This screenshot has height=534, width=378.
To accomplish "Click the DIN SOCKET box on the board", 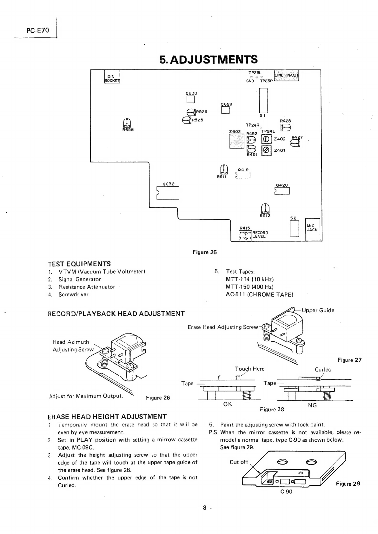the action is [x=112, y=76].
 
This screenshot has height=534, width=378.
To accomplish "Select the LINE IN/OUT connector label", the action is [x=286, y=75].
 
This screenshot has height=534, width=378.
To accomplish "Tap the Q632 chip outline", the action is [x=168, y=193].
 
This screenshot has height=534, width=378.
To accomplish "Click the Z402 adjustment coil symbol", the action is [x=266, y=139].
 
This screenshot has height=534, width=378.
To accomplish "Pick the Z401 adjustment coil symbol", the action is [x=266, y=150].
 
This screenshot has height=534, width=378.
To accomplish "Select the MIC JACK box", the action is [x=312, y=229].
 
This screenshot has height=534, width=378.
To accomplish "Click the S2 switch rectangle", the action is [x=295, y=228].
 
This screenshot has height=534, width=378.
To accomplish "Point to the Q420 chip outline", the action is [x=282, y=191].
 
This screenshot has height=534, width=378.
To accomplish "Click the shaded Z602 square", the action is [x=237, y=141].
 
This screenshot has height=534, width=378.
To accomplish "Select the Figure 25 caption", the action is [x=205, y=252].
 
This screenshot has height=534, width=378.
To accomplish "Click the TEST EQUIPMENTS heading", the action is [x=79, y=264].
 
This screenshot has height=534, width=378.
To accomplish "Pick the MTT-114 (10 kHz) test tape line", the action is [x=249, y=279].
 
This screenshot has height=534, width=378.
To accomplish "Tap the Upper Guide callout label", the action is [x=318, y=310].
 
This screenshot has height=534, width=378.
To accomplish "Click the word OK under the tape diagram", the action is [x=228, y=404].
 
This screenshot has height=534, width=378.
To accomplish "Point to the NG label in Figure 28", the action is [x=312, y=405].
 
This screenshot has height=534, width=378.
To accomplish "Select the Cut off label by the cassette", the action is [x=239, y=462].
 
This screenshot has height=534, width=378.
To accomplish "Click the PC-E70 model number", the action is [x=38, y=30].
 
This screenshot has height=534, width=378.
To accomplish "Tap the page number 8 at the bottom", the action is [x=204, y=508].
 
